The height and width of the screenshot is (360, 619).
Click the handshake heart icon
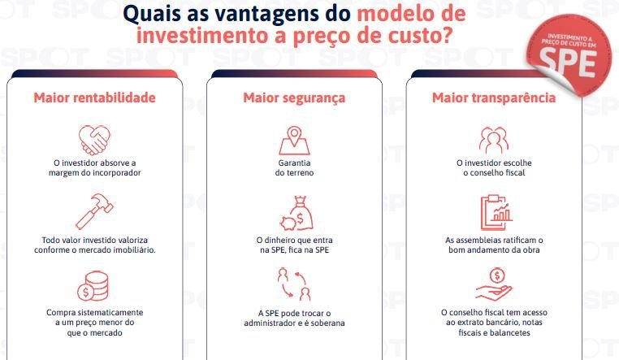pyautogui.click(x=94, y=140)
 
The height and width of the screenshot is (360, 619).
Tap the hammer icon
pyautogui.click(x=94, y=211)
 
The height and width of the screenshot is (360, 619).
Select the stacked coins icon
pyautogui.click(x=93, y=286)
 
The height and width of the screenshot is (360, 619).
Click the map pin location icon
pyautogui.click(x=294, y=140)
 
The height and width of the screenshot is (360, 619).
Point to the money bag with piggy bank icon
pyautogui.click(x=297, y=214)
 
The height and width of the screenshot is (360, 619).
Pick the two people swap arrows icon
pyautogui.click(x=294, y=284)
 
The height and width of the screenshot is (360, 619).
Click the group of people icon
pyautogui.click(x=493, y=140)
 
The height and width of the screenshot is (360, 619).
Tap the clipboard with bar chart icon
pyautogui.click(x=496, y=212)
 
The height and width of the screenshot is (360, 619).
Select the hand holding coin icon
pyautogui.click(x=494, y=284)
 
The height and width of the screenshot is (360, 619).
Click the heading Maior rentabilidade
pyautogui.click(x=95, y=98)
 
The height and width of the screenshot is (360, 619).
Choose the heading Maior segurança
pyautogui.click(x=294, y=98)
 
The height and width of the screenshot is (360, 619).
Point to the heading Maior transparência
pyautogui.click(x=494, y=98)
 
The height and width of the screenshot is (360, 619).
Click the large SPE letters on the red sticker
pyautogui.click(x=568, y=63)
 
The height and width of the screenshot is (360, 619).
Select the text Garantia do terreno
pyautogui.click(x=295, y=167)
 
